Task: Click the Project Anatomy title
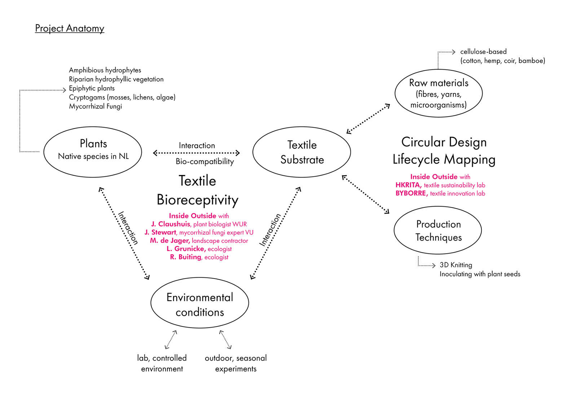coord(70,28)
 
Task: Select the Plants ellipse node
coord(93,152)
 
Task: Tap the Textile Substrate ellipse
coord(301,152)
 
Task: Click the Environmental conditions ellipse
coord(199,303)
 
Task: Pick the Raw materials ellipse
coord(439,93)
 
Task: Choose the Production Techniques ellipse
coord(438,231)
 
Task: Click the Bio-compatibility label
coord(204,161)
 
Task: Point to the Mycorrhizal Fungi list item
coord(95,106)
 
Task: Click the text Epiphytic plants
coord(92,88)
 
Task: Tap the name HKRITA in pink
coord(408,185)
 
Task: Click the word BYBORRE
coord(411,193)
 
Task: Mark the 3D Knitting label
coord(455,265)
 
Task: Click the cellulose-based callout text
coord(483,52)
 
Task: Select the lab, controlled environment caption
coord(162,363)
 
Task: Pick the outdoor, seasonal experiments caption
coord(235,363)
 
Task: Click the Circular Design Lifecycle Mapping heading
coord(444,151)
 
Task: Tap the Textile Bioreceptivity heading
coord(197,190)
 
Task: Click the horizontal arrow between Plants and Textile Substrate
coord(197,153)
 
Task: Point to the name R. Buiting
coord(185,257)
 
